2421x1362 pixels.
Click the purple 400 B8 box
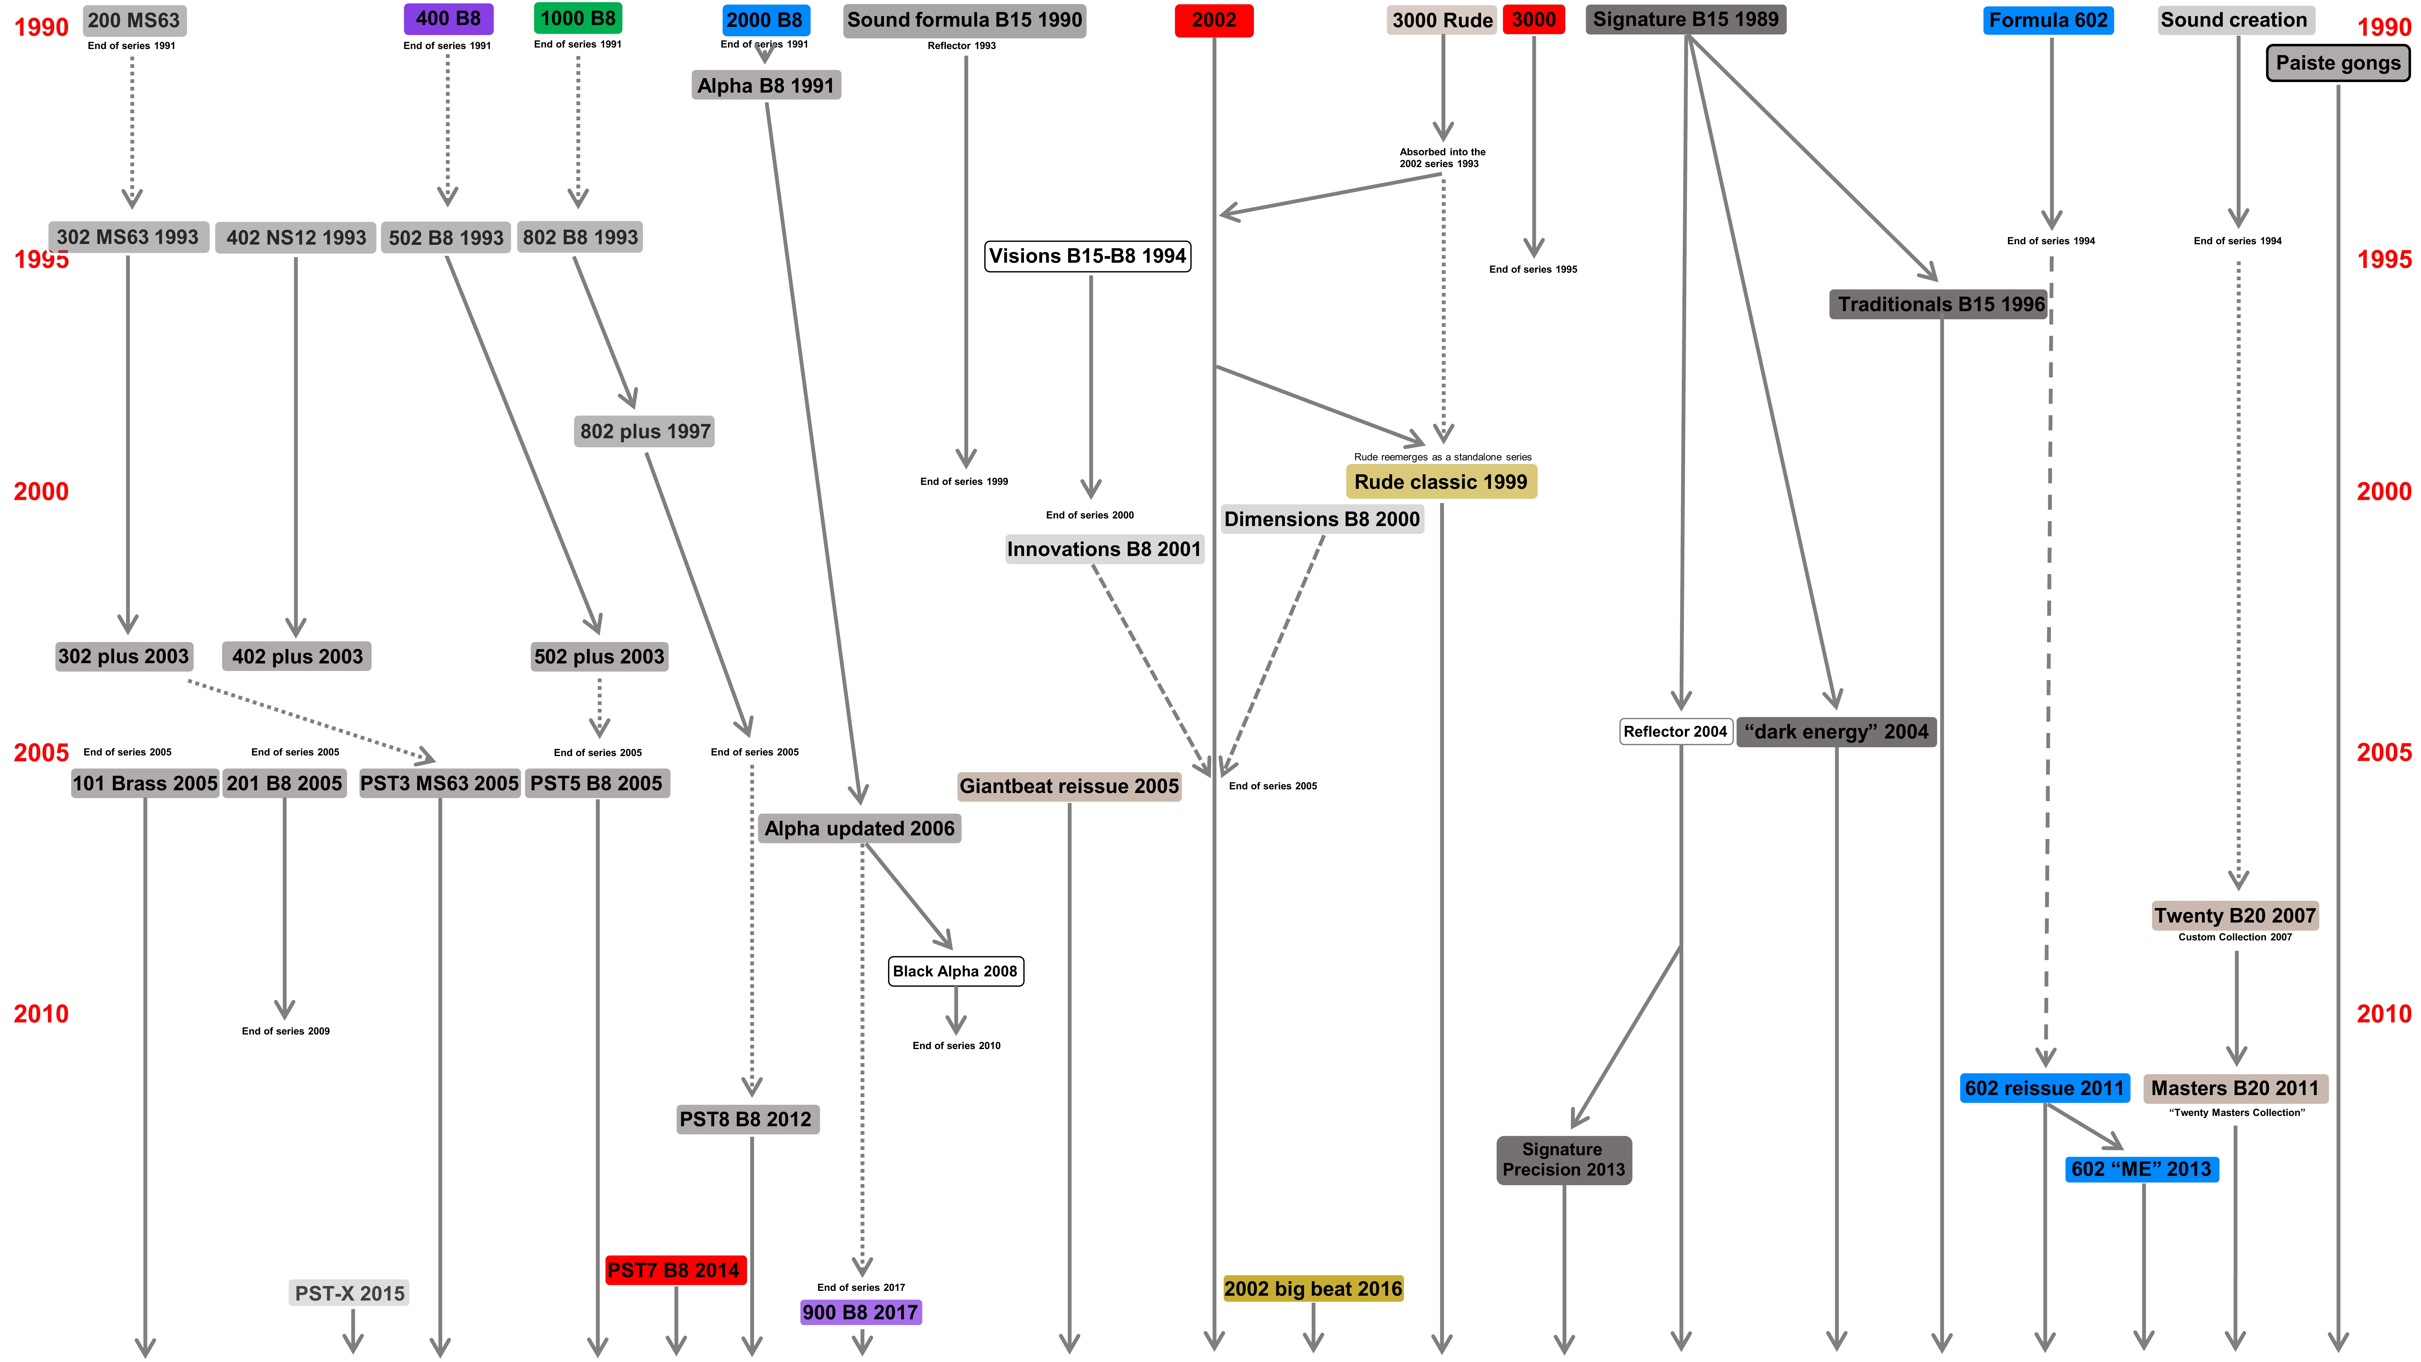point(448,19)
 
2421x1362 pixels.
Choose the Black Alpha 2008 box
point(955,971)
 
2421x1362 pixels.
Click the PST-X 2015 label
point(349,1293)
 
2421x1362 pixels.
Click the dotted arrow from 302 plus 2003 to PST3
point(310,719)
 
